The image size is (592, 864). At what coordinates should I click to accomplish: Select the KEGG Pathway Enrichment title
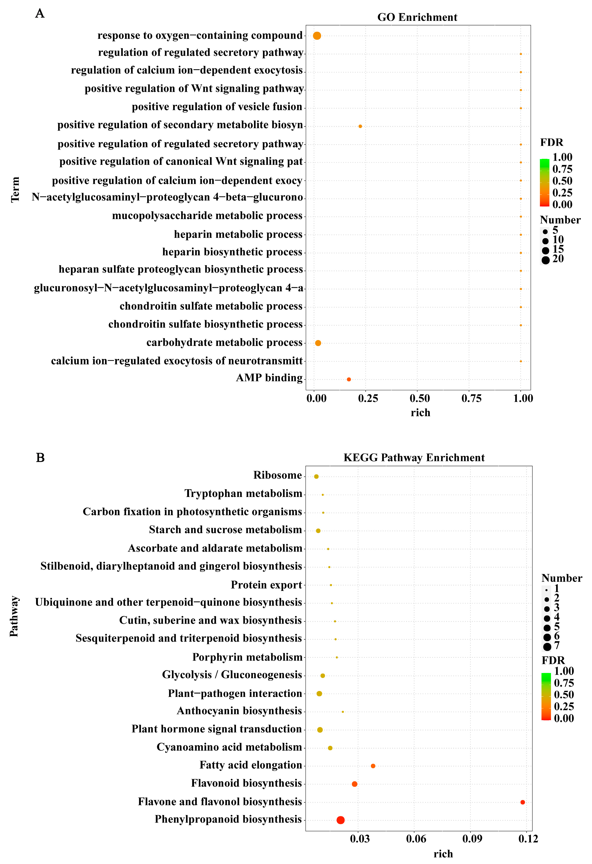click(x=414, y=458)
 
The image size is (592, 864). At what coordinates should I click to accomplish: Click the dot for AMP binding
click(x=349, y=379)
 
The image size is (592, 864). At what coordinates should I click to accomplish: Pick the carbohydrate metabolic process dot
click(x=318, y=343)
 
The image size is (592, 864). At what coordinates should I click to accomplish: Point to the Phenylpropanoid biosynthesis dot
click(x=340, y=820)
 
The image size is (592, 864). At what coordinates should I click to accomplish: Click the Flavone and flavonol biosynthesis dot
click(x=522, y=802)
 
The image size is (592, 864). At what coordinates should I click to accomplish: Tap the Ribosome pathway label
click(x=277, y=475)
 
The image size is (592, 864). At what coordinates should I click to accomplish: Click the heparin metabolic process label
click(x=238, y=234)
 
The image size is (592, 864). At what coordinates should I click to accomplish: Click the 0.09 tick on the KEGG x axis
click(x=472, y=839)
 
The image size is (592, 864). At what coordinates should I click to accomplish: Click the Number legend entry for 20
click(x=552, y=259)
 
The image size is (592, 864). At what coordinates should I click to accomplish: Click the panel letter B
click(x=40, y=458)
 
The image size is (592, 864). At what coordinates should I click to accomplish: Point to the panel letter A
click(x=40, y=14)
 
